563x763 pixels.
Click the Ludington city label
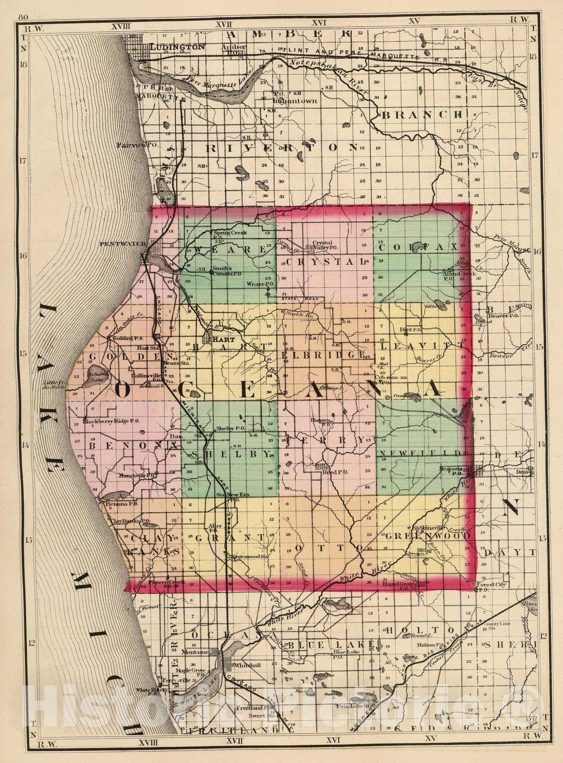[x=177, y=47]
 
